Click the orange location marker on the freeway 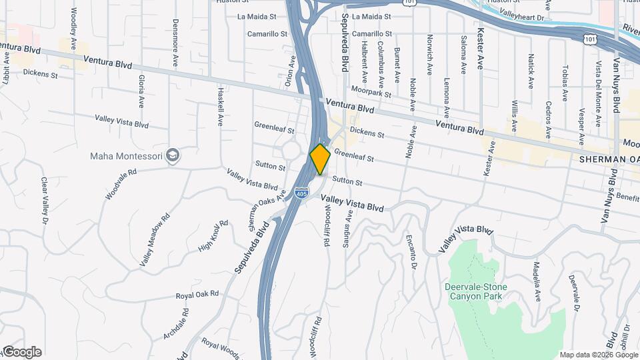(x=320, y=159)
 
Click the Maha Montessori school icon (x=174, y=155)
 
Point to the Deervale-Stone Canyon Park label (x=475, y=291)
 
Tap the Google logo (x=21, y=351)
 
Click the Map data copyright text (x=598, y=355)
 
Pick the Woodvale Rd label (x=121, y=184)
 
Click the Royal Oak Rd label (x=197, y=295)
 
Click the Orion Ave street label (x=291, y=71)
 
